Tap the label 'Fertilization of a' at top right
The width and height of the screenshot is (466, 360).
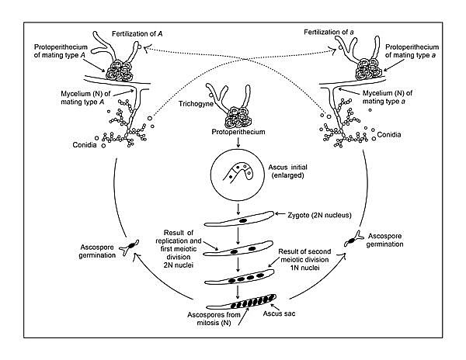tap(317, 28)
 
